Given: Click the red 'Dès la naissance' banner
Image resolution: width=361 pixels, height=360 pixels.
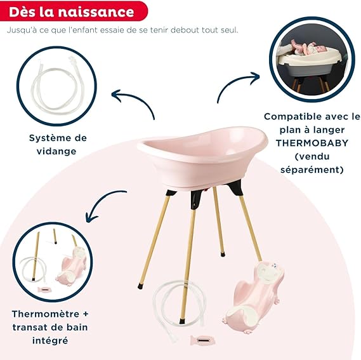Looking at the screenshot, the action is (x=74, y=11).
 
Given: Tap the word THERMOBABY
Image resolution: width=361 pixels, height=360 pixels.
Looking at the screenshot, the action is (x=312, y=143).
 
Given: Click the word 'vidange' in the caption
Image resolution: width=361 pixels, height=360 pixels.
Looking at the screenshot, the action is (x=56, y=151).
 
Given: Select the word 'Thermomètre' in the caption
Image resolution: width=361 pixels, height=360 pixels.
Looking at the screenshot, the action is (x=46, y=314).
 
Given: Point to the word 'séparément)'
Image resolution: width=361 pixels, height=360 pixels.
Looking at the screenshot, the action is (x=312, y=170).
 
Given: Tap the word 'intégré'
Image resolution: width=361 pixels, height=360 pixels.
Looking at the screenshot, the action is (x=50, y=341).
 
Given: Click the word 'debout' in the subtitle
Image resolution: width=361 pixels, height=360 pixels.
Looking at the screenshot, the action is (x=185, y=30).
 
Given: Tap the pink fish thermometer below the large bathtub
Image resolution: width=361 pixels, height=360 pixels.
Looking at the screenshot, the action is (x=202, y=340).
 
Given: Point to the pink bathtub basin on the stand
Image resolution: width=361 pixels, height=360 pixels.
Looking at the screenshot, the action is (x=202, y=157).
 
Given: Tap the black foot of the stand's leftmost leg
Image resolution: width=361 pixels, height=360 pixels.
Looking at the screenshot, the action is (x=140, y=286).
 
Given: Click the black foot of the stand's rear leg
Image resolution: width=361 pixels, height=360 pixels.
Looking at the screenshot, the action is (x=223, y=255).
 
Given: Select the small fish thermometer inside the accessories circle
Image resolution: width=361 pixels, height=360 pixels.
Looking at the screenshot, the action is (x=44, y=289).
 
